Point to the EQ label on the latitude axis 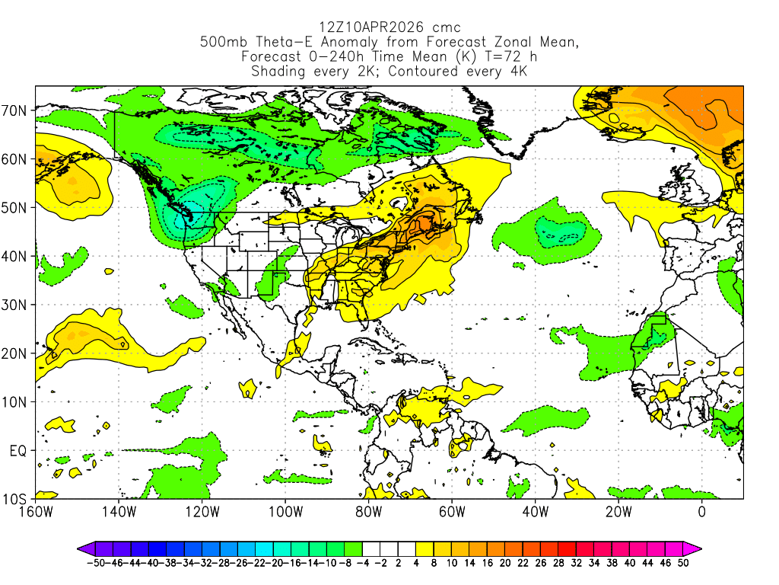coord(18,450)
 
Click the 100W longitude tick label coord(285,511)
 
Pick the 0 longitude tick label coord(701,511)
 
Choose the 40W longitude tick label coord(535,511)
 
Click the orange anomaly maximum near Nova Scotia coord(421,225)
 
